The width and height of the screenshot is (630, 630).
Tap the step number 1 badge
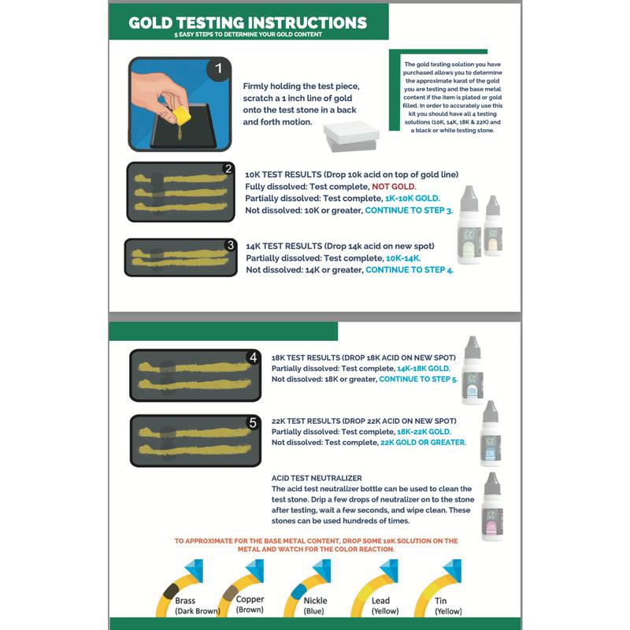218,69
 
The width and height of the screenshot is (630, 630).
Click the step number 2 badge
228,169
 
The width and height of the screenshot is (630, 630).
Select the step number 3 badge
230,245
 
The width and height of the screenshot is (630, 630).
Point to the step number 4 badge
253,358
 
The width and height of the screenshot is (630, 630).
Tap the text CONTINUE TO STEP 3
408,211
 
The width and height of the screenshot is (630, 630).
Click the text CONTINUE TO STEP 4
409,270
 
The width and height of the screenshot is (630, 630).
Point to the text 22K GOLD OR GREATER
423,443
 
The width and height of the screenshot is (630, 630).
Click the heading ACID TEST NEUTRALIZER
316,478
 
